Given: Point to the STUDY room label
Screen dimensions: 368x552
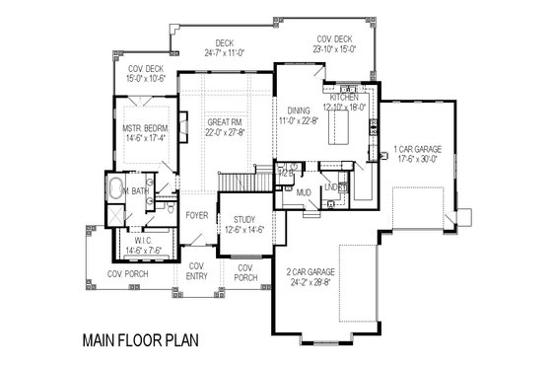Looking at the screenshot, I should pyautogui.click(x=243, y=220).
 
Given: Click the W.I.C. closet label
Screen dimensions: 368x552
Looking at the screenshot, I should pyautogui.click(x=139, y=238).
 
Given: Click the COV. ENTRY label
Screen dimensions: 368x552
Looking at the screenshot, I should pyautogui.click(x=197, y=269).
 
